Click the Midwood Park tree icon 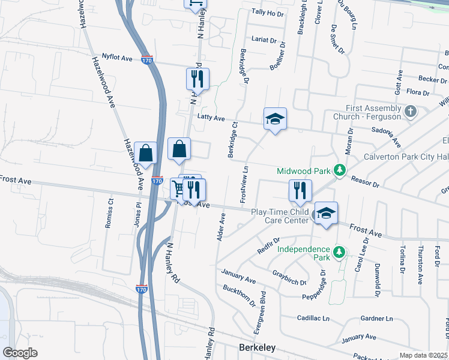pyautogui.click(x=339, y=170)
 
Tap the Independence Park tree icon pyautogui.click(x=339, y=253)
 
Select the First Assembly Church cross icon pyautogui.click(x=410, y=112)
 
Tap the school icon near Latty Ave pyautogui.click(x=275, y=119)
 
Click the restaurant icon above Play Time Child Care pyautogui.click(x=300, y=190)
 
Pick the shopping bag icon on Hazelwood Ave pyautogui.click(x=146, y=153)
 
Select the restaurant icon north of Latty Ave pyautogui.click(x=197, y=78)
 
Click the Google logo pyautogui.click(x=20, y=352)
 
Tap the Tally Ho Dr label pyautogui.click(x=267, y=12)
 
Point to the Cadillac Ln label pyautogui.click(x=314, y=318)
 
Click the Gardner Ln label pyautogui.click(x=376, y=318)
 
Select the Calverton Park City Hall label pyautogui.click(x=405, y=157)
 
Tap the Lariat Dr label pyautogui.click(x=264, y=41)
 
